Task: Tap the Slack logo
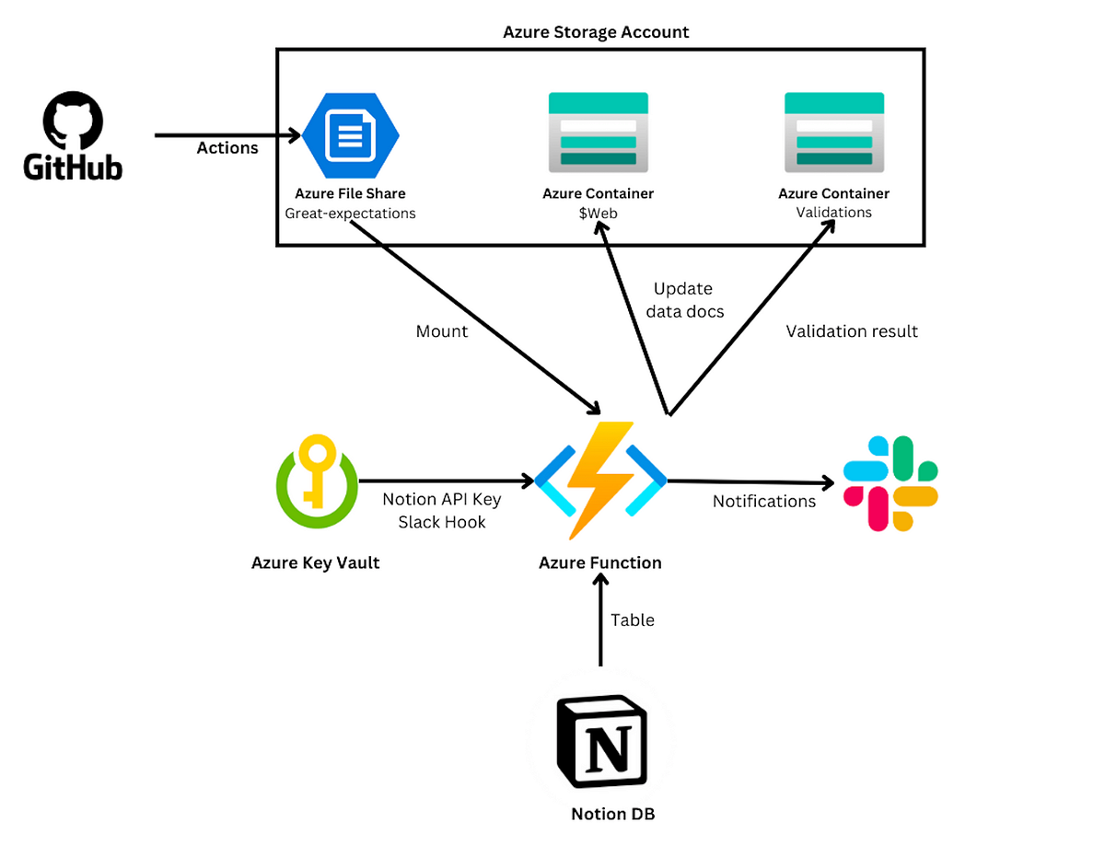(890, 483)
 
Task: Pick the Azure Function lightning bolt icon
(600, 480)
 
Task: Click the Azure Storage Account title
(596, 32)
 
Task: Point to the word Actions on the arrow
(227, 147)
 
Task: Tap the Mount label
(442, 330)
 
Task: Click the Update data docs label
(683, 300)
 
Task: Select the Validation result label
(852, 331)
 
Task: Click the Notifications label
(764, 502)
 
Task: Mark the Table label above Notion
(633, 620)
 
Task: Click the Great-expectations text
(350, 214)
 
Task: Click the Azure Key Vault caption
(315, 562)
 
